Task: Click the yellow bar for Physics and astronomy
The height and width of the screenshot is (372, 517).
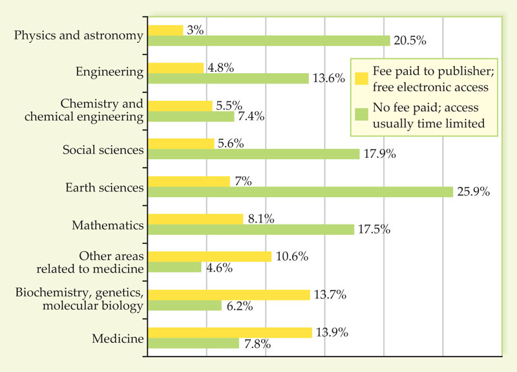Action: click(x=166, y=30)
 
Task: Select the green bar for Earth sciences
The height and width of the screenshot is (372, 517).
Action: click(x=301, y=192)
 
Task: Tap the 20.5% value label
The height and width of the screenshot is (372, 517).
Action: click(x=412, y=41)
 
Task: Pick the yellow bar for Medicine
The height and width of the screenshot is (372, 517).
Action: click(x=230, y=333)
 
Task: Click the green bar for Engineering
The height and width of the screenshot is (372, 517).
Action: click(x=229, y=78)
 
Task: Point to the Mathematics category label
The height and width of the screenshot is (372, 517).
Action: click(x=107, y=225)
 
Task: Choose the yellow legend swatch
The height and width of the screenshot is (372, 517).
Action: click(x=361, y=78)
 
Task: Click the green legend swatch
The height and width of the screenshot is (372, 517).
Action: click(x=361, y=114)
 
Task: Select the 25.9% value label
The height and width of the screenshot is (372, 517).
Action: click(x=474, y=192)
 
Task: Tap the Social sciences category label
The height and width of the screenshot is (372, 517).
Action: click(x=103, y=149)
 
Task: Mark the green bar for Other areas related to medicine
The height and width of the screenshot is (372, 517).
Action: click(x=174, y=267)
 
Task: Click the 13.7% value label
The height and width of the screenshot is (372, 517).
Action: click(x=330, y=294)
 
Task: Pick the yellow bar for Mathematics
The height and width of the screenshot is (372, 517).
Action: click(x=195, y=219)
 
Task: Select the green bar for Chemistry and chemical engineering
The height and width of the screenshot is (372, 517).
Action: click(x=191, y=116)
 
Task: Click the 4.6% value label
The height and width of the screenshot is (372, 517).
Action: click(x=220, y=268)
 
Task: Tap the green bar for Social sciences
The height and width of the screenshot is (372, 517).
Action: click(x=254, y=154)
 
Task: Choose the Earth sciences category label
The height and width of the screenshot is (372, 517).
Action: click(x=104, y=188)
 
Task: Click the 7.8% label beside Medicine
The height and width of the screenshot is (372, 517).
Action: click(x=257, y=344)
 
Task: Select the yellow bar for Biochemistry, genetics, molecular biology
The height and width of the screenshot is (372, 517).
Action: click(x=229, y=294)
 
